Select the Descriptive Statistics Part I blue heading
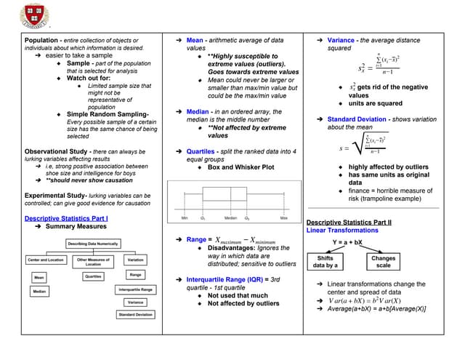(x=66, y=217)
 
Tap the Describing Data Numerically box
(x=92, y=244)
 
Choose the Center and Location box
(x=45, y=260)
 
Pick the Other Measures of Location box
(x=93, y=261)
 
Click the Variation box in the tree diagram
(x=135, y=260)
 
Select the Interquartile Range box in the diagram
(x=135, y=289)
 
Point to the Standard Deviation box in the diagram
(x=135, y=314)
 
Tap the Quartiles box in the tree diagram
(x=93, y=276)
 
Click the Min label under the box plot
(x=185, y=218)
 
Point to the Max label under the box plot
(x=283, y=218)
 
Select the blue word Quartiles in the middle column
(x=200, y=151)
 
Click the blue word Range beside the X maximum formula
(x=196, y=239)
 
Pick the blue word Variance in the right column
(x=341, y=40)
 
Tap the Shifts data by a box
(x=325, y=262)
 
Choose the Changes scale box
(x=383, y=262)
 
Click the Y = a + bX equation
(x=347, y=241)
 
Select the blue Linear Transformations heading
(x=341, y=230)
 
